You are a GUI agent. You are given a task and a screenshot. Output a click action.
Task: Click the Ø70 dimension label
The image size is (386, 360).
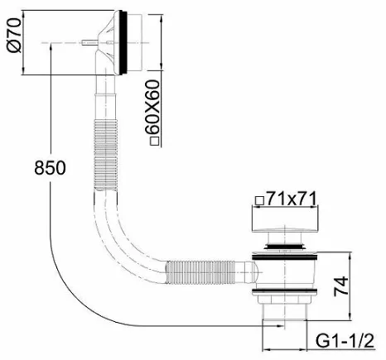[x=14, y=35]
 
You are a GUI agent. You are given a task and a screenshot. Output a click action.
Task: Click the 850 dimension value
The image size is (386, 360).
[x=50, y=168]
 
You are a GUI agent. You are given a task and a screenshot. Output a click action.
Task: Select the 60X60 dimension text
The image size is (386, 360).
[x=152, y=107]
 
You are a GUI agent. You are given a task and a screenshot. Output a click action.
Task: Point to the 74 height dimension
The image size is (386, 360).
[x=340, y=286]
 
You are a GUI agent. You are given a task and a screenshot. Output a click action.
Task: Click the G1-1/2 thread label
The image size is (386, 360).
[x=345, y=341]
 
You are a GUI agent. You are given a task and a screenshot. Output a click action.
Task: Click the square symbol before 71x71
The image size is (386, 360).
[x=259, y=200]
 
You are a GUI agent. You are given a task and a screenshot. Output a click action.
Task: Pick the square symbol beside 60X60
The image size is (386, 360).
[x=154, y=141]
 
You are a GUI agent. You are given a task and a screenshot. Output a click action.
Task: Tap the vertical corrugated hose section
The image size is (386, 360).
[x=106, y=155]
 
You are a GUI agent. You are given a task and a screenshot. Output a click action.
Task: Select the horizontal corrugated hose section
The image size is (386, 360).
[x=201, y=271]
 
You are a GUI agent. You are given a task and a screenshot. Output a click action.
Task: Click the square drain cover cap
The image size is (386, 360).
[x=284, y=220]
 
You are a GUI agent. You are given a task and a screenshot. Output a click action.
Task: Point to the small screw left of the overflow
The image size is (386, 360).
[x=89, y=42]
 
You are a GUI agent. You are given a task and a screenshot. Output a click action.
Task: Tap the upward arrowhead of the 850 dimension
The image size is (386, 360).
[x=51, y=48]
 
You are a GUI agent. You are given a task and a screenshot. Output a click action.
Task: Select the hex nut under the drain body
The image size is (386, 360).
[x=285, y=300]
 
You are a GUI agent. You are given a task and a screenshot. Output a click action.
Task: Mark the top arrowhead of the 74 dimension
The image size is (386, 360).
[x=350, y=256]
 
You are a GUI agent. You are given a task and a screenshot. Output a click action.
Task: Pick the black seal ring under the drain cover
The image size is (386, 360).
[x=284, y=245]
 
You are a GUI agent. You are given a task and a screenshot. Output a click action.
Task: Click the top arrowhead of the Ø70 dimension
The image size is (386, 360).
[x=23, y=14]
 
